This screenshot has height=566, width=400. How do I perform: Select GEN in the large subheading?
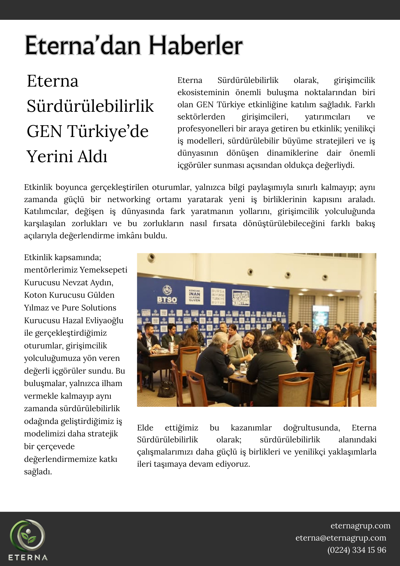pos(44,131)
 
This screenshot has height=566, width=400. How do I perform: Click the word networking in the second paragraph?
pos(129,199)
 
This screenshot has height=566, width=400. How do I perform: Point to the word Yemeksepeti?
pos(104,270)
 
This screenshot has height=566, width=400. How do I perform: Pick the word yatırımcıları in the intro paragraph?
pos(327,117)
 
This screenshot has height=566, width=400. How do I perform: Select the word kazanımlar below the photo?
pos(251,428)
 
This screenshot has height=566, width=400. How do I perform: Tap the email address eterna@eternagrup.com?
pos(341,538)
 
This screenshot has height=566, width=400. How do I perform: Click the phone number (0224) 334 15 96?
pos(356,550)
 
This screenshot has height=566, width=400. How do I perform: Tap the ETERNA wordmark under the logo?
pos(28,558)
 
